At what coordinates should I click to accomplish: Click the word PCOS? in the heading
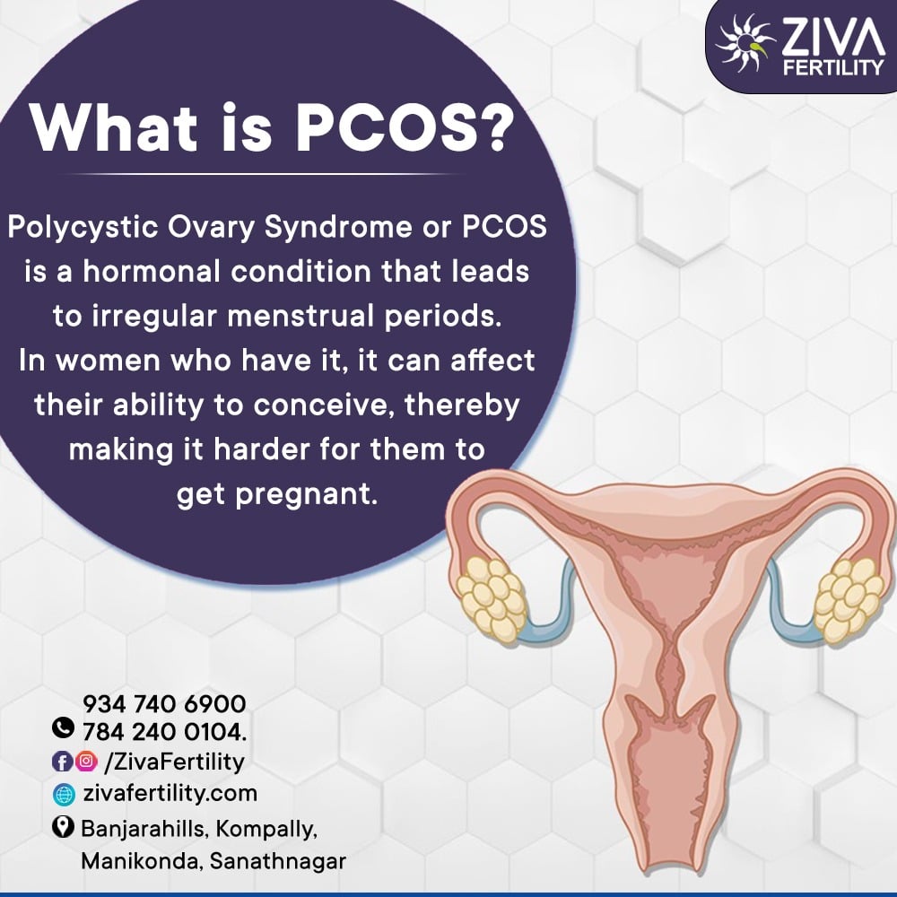point(400,127)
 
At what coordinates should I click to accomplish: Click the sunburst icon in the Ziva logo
point(745,42)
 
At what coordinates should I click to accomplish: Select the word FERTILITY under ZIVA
point(833,68)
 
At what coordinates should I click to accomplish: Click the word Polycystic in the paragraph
point(83,228)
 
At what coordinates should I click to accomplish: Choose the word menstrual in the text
point(300,316)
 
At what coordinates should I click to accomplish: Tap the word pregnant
point(307,495)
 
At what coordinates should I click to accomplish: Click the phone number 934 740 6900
point(165,703)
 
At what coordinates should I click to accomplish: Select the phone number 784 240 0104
point(165,732)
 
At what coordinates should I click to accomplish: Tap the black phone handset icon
point(63,727)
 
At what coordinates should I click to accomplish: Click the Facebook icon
point(63,762)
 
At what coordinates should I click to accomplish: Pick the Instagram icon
point(86,761)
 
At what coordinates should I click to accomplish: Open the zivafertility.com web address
point(170,794)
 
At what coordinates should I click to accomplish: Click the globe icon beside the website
point(64,795)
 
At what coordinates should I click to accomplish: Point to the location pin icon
point(63,827)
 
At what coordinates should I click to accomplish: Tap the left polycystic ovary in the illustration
point(492,597)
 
